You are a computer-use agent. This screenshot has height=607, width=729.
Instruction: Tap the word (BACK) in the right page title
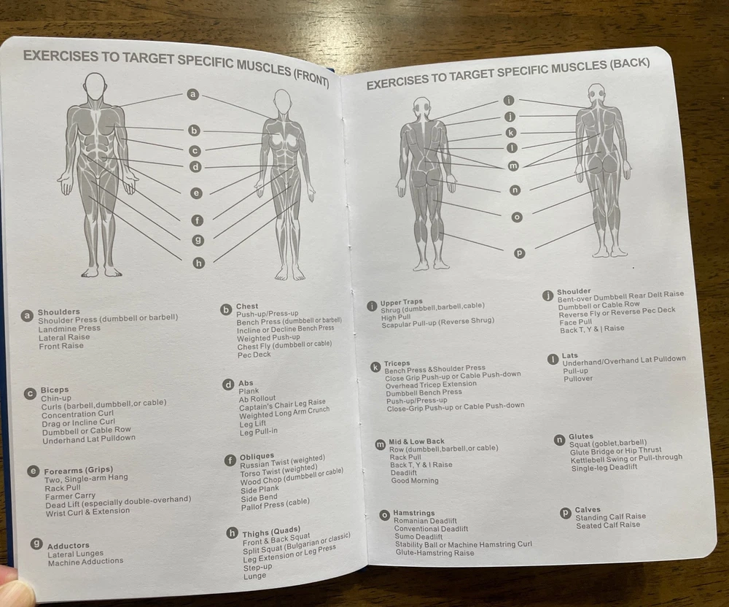630,63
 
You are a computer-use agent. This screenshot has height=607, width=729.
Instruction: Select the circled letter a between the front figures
193,94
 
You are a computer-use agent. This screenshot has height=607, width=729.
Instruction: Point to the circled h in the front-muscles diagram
199,263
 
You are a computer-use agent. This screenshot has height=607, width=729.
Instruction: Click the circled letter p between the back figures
519,253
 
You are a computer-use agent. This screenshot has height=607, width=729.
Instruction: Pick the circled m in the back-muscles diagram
512,166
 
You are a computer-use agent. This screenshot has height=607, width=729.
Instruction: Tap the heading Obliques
257,456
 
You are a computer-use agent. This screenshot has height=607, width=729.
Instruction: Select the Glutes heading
581,436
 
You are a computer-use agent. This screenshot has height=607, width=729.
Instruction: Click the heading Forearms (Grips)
78,471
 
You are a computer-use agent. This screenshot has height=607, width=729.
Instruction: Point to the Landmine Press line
69,328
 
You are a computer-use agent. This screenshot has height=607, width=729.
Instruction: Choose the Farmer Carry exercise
70,496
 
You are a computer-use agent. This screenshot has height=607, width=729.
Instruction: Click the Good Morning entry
415,481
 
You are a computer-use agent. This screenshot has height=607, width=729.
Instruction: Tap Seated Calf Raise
608,525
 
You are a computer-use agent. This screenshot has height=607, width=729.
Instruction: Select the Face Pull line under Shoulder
576,322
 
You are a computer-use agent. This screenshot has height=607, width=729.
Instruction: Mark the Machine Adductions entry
85,562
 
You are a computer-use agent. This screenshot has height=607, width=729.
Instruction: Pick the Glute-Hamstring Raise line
434,552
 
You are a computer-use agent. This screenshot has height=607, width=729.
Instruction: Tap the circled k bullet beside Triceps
375,367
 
